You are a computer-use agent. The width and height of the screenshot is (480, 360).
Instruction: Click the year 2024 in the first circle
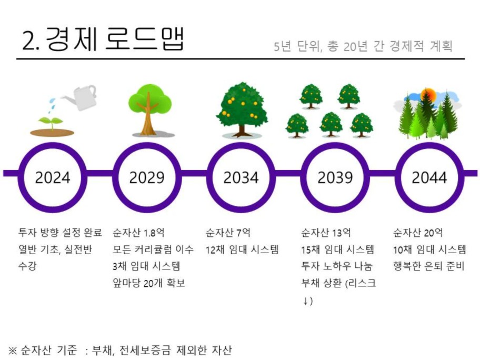click(53, 177)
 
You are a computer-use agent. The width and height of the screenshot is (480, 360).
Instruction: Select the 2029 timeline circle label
click(147, 177)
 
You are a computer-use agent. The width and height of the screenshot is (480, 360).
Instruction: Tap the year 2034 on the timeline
click(241, 177)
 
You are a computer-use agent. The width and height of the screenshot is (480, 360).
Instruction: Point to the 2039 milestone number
click(335, 177)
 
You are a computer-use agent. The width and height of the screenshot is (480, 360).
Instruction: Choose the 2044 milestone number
click(429, 177)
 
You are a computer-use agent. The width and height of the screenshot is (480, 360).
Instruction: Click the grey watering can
click(80, 97)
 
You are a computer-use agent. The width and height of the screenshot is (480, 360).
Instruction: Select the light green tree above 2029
click(149, 110)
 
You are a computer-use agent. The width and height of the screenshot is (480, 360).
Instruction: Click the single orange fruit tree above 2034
click(242, 109)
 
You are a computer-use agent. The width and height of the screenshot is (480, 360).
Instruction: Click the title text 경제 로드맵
click(115, 39)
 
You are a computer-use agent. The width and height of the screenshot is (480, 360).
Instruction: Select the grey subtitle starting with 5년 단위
click(363, 46)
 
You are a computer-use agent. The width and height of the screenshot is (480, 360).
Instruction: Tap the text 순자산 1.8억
click(138, 233)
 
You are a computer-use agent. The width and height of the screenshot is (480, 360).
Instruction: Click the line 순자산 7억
click(228, 233)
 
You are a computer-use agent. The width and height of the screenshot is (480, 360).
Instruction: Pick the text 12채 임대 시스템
click(242, 250)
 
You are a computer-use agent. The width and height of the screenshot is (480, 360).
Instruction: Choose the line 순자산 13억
click(326, 233)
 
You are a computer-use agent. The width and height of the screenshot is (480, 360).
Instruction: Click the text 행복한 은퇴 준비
click(429, 266)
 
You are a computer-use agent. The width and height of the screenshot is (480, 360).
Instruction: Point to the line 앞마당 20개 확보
click(149, 283)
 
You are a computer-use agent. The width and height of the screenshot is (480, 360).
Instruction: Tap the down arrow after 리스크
click(305, 301)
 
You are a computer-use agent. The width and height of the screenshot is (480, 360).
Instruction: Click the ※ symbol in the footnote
click(13, 350)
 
